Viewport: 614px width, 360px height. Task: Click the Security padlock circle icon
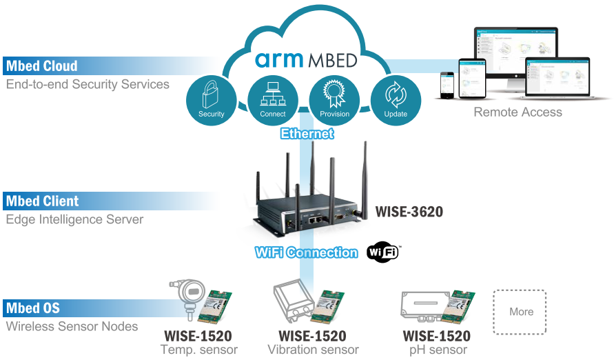tap(212, 100)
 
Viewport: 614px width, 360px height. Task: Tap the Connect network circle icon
tap(273, 100)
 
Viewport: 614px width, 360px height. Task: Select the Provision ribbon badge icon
tap(334, 100)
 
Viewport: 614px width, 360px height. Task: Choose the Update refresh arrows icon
tap(396, 100)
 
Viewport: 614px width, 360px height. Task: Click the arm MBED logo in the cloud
tap(306, 59)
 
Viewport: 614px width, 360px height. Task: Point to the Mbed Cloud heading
tap(42, 66)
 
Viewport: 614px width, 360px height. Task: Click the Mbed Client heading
tap(42, 201)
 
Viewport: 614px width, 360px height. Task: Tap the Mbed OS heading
tap(33, 308)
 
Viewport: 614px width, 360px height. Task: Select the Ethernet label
tap(307, 134)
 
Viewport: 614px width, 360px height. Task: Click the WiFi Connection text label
tap(306, 252)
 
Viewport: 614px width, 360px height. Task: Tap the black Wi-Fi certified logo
tap(383, 252)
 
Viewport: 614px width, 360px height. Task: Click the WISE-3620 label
tap(409, 212)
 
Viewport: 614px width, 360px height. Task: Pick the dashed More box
tap(520, 312)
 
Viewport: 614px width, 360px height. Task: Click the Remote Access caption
tap(518, 112)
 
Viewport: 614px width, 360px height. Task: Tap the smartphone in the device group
tap(447, 85)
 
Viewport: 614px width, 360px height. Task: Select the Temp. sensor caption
tap(199, 350)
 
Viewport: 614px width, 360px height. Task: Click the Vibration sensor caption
tap(313, 350)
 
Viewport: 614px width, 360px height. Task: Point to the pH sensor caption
tap(438, 350)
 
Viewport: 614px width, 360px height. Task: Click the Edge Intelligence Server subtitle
tap(75, 219)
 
